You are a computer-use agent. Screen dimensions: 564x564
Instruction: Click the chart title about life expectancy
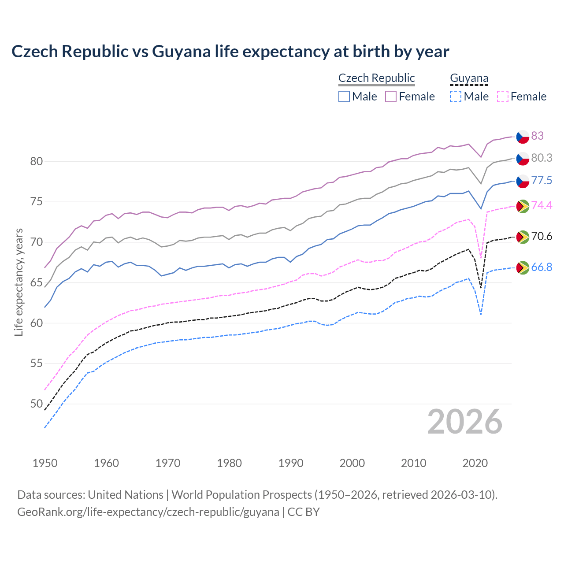pyautogui.click(x=230, y=52)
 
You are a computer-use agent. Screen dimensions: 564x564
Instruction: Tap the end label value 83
pyautogui.click(x=537, y=136)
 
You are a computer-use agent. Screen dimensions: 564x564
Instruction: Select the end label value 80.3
pyautogui.click(x=542, y=158)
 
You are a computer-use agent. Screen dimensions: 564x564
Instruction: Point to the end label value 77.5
pyautogui.click(x=542, y=180)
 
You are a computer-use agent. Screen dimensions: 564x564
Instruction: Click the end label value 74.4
pyautogui.click(x=542, y=205)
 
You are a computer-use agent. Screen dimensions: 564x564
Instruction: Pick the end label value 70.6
pyautogui.click(x=542, y=237)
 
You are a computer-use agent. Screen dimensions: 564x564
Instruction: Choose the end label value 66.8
pyautogui.click(x=542, y=267)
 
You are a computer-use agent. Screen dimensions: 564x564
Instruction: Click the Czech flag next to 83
pyautogui.click(x=523, y=137)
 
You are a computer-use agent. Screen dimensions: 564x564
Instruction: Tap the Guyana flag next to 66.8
pyautogui.click(x=523, y=267)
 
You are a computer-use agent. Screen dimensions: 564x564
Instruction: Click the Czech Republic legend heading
pyautogui.click(x=376, y=78)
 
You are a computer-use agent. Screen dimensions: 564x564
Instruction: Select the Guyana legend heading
pyautogui.click(x=469, y=78)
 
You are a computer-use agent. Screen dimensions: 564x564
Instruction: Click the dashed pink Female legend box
pyautogui.click(x=503, y=96)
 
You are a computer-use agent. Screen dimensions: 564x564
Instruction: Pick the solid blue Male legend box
pyautogui.click(x=344, y=96)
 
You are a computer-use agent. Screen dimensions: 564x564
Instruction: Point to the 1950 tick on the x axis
pyautogui.click(x=45, y=463)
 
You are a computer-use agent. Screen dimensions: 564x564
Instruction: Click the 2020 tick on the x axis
pyautogui.click(x=475, y=463)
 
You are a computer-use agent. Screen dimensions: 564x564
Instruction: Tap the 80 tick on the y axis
pyautogui.click(x=36, y=162)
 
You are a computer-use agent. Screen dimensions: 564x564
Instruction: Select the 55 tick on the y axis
pyautogui.click(x=36, y=364)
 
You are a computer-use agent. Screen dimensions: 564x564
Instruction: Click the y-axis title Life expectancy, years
pyautogui.click(x=19, y=282)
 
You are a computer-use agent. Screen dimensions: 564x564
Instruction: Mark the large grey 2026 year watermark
pyautogui.click(x=465, y=422)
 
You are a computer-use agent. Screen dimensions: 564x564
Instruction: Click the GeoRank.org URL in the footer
pyautogui.click(x=148, y=512)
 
